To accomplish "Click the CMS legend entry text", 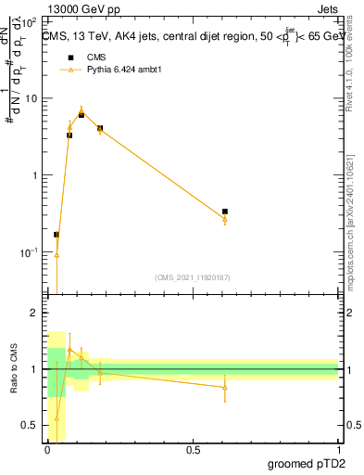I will (96, 57).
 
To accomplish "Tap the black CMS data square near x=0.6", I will (225, 212).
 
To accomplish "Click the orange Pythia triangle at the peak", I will (82, 109).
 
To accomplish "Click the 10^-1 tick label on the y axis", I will (30, 251).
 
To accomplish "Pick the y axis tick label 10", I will (32, 97).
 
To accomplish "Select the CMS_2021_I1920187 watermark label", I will (193, 276).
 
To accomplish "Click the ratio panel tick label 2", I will (35, 313).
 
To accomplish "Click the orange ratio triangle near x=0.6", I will (225, 387).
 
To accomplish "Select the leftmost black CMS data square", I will (56, 235).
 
